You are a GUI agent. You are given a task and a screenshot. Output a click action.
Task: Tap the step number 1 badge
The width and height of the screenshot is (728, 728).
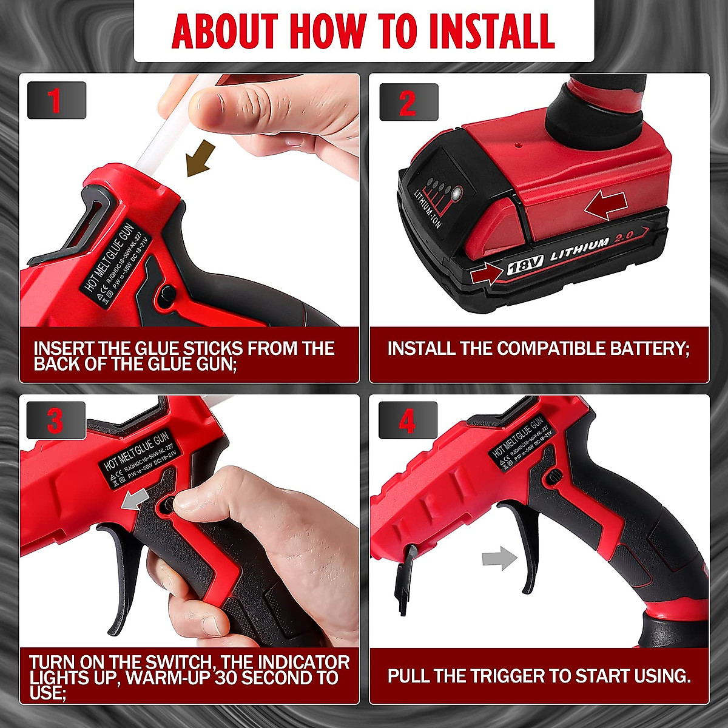[55, 100]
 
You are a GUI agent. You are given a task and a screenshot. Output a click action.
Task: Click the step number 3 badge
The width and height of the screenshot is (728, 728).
[55, 420]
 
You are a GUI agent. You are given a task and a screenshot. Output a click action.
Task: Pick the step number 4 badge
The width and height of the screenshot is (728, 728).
[407, 420]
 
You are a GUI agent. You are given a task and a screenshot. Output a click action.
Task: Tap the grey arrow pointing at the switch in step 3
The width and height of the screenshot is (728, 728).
[135, 500]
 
